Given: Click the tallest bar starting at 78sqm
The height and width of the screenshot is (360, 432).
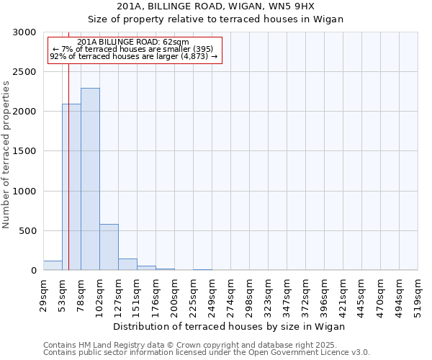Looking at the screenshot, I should pyautogui.click(x=90, y=179).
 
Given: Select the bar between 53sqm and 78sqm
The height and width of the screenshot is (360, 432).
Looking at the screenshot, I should pyautogui.click(x=71, y=187).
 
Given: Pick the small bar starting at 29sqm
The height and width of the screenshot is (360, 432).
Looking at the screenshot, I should pyautogui.click(x=53, y=266).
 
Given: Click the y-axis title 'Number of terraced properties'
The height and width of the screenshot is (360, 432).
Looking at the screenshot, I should pyautogui.click(x=6, y=155).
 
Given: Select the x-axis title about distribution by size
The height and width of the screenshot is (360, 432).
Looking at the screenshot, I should pyautogui.click(x=230, y=326).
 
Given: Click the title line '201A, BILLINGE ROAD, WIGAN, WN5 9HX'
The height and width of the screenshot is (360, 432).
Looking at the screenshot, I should pyautogui.click(x=216, y=6).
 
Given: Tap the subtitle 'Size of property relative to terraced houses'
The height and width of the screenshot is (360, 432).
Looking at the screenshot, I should pyautogui.click(x=216, y=19).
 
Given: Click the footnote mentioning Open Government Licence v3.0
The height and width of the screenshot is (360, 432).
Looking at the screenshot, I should pyautogui.click(x=207, y=353).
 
